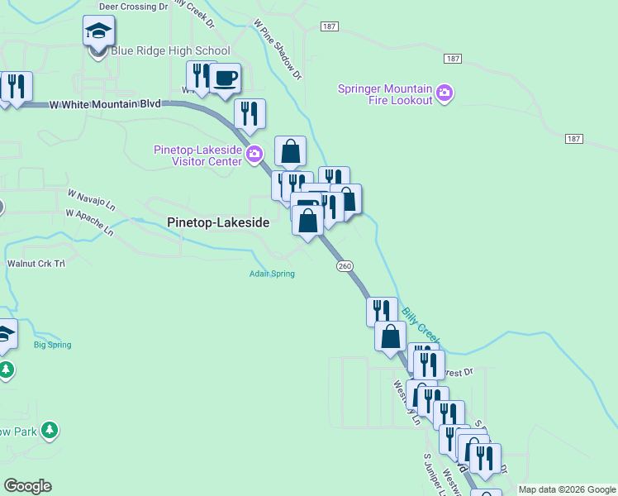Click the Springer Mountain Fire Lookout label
(385, 94)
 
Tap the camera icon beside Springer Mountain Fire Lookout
(444, 91)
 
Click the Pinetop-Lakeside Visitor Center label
(198, 155)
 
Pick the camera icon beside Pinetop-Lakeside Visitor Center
(254, 153)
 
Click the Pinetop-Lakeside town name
(217, 222)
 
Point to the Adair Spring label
(273, 274)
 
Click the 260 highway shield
(345, 266)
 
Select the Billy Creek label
(421, 324)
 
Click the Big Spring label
(53, 345)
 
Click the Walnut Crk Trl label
(36, 263)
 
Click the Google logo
(27, 486)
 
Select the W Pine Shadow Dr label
(278, 51)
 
